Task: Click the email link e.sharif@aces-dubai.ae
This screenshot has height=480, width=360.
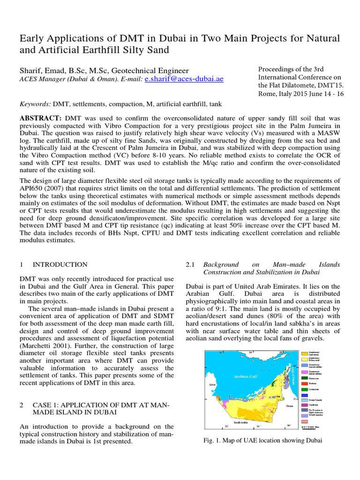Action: click(x=184, y=79)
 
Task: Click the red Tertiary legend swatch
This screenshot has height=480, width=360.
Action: click(x=305, y=383)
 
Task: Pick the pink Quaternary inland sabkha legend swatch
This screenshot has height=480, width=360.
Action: click(x=305, y=371)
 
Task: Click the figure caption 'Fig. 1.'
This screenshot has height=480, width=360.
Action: click(x=212, y=441)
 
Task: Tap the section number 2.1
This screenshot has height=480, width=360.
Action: click(x=190, y=265)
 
